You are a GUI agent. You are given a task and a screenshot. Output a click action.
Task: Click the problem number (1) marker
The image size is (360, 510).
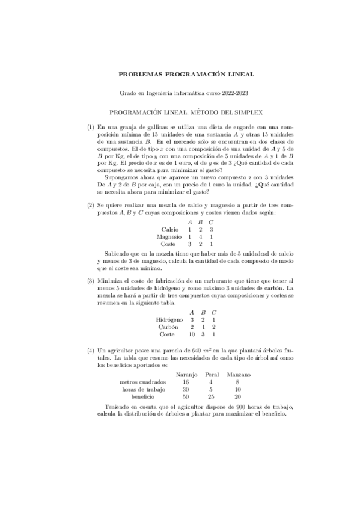click(91, 127)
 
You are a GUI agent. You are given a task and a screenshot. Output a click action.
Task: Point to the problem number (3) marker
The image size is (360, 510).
click(91, 281)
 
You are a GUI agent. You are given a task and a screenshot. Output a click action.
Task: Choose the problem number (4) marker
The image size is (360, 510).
click(91, 350)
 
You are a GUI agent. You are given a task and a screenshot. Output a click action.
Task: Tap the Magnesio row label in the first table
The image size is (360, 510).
click(169, 237)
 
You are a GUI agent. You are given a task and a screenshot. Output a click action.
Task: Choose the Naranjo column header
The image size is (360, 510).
click(186, 375)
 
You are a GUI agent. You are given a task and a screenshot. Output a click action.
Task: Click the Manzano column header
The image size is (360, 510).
click(239, 375)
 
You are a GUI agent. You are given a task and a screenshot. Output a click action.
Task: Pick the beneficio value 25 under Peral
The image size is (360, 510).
click(212, 397)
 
